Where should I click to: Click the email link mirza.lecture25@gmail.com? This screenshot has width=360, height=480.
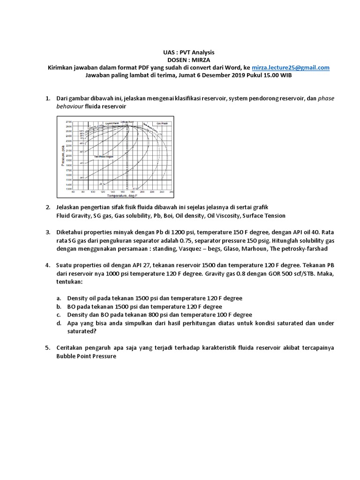point(291,67)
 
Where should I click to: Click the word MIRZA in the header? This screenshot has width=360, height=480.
point(191,60)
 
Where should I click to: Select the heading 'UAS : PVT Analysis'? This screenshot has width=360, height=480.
point(180,52)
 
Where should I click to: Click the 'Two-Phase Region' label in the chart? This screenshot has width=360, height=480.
point(104,156)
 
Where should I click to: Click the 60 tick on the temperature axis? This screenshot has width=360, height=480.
point(73,192)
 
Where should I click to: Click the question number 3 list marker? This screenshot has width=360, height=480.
point(48,232)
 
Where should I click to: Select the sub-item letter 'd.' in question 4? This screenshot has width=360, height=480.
point(59,323)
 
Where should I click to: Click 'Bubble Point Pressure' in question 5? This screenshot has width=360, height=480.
point(86,356)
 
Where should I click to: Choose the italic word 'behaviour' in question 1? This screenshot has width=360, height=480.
point(69,106)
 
